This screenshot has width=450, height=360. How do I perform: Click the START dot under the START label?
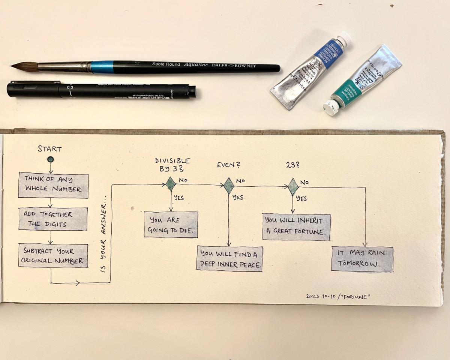[51, 159]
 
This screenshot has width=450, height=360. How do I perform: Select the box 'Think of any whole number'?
[53, 185]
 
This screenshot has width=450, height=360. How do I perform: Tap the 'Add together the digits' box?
[53, 219]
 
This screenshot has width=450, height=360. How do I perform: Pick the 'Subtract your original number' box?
[53, 256]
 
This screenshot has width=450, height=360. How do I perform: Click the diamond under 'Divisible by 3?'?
[171, 184]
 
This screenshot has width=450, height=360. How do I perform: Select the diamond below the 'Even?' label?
[228, 185]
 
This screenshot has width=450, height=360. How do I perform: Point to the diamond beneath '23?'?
[293, 186]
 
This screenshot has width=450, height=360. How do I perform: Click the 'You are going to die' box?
[171, 225]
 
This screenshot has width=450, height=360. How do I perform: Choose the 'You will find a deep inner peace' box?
[229, 259]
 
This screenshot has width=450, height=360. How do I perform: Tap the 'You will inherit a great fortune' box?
[296, 227]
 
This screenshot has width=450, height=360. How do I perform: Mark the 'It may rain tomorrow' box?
[362, 259]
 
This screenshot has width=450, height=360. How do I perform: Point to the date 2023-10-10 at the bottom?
[318, 296]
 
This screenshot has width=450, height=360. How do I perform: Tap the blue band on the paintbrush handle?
[102, 67]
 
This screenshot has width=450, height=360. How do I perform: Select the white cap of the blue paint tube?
[344, 39]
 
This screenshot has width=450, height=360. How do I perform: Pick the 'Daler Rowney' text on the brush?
[235, 66]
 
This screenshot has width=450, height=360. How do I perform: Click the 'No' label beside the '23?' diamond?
[304, 183]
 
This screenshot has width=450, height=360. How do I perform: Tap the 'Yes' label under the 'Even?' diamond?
[238, 197]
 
